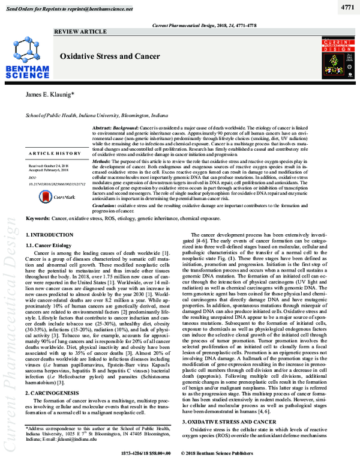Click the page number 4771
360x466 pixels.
(346, 7)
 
